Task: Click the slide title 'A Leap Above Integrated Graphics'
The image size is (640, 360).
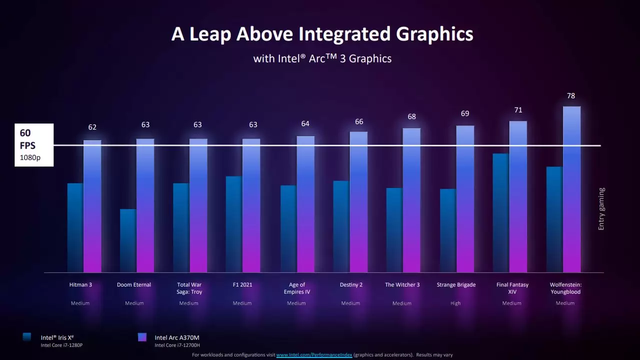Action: coord(322,34)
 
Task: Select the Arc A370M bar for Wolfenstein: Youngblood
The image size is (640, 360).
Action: coord(571,190)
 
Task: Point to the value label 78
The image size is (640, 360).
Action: coord(571,95)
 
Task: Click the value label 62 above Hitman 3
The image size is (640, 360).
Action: coord(92,127)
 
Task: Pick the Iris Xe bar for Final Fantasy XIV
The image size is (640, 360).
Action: coord(500,213)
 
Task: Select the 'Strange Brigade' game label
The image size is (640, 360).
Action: coord(456,285)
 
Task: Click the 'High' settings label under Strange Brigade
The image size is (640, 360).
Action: coord(455,303)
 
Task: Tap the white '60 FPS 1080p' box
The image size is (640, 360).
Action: coord(33,145)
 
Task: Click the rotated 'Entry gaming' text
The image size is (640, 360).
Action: coord(601,209)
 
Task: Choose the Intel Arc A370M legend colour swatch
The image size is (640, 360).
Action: coord(142,337)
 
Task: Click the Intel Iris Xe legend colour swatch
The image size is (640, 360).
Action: coord(27,337)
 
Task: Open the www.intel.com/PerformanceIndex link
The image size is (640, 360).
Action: coord(314,355)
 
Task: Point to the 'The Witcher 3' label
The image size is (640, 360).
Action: coord(402,285)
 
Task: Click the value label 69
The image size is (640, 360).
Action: coord(465,113)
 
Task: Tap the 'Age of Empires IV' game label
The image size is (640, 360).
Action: coord(296,288)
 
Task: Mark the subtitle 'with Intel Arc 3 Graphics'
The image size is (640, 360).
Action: coord(322,58)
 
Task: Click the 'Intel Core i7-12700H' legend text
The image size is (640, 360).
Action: coord(177,345)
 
